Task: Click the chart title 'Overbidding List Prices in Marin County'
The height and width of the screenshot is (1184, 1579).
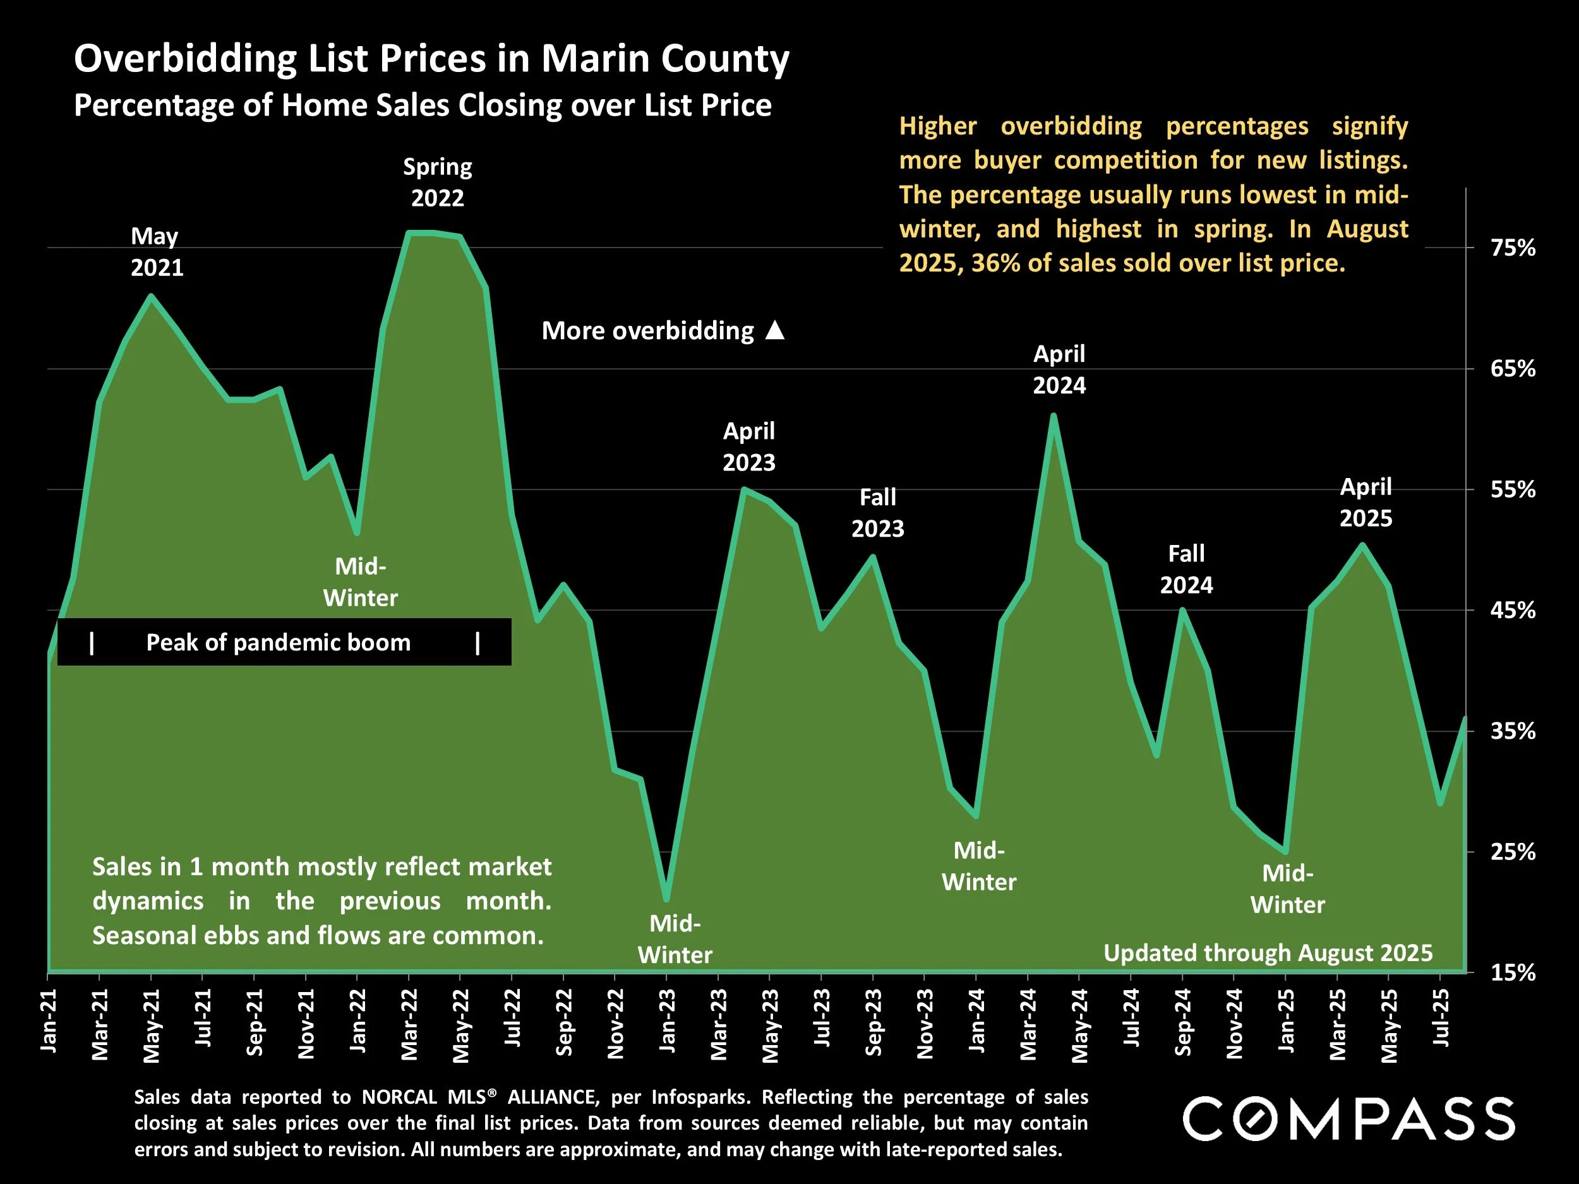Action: point(431,59)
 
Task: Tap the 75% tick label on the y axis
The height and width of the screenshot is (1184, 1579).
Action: point(1513,248)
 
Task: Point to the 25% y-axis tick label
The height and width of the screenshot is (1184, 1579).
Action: point(1513,851)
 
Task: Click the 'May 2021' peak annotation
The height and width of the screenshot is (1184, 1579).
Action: point(157,252)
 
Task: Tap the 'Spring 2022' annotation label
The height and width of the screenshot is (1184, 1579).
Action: point(437,182)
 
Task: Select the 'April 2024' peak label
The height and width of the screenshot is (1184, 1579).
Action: point(1059,369)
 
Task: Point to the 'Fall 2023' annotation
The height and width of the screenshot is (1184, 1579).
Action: point(877,512)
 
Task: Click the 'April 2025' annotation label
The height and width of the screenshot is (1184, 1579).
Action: point(1366,503)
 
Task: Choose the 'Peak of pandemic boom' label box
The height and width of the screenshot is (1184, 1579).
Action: point(284,642)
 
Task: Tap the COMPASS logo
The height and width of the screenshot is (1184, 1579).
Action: point(1348,1119)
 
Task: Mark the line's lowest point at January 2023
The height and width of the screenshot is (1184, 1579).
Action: point(667,899)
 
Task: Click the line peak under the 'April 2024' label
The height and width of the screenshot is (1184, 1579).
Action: point(1054,416)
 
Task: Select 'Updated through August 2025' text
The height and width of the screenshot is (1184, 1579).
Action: point(1268,953)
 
